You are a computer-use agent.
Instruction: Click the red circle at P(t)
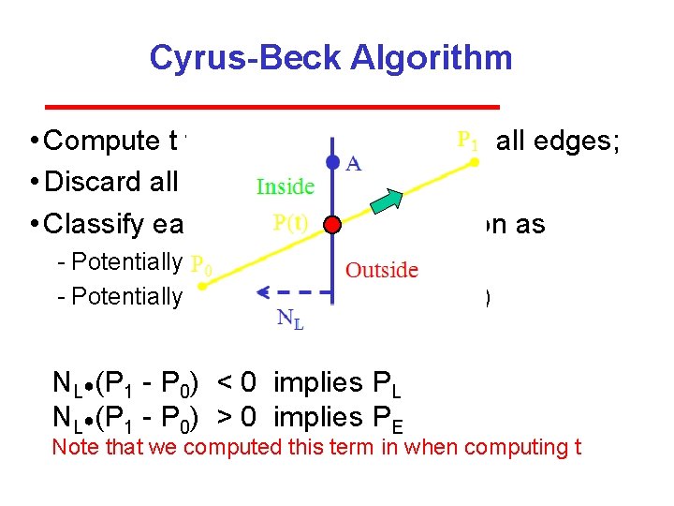tap(334, 226)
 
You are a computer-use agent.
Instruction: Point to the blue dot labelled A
tap(333, 162)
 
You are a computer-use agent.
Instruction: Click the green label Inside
tap(286, 186)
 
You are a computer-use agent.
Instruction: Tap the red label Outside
tap(382, 270)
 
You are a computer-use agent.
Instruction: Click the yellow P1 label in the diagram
tap(468, 141)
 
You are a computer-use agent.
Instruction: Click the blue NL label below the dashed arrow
tap(290, 320)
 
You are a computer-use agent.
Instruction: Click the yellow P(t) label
tap(293, 224)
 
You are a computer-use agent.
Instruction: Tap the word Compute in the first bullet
tap(102, 141)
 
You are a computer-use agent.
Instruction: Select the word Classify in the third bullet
tap(104, 224)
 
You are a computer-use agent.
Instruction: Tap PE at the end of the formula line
tap(389, 418)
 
